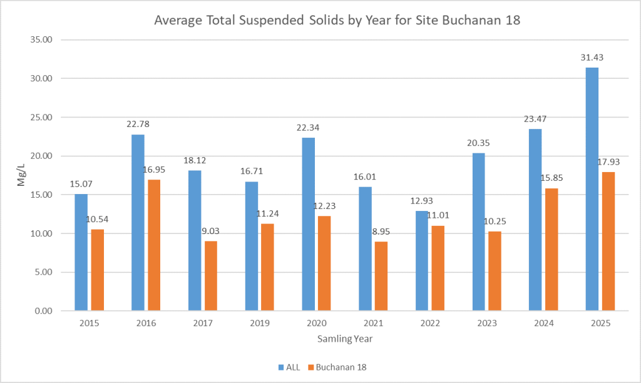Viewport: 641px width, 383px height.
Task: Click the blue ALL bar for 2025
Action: pyautogui.click(x=592, y=189)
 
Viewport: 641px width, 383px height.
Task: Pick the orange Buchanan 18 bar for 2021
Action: pyautogui.click(x=381, y=276)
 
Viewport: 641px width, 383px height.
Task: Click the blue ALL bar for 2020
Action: pyautogui.click(x=308, y=224)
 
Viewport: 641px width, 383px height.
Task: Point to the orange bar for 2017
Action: pyautogui.click(x=211, y=276)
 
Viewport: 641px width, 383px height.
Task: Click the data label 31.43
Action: pyautogui.click(x=592, y=58)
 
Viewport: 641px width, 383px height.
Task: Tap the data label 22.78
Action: pyautogui.click(x=138, y=125)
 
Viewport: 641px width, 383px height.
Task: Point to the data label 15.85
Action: pyautogui.click(x=551, y=178)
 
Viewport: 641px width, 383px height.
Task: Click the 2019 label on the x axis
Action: pyautogui.click(x=260, y=324)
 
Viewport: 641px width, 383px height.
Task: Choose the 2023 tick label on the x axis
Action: pyautogui.click(x=487, y=324)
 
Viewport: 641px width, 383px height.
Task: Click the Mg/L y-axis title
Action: pyautogui.click(x=21, y=175)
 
